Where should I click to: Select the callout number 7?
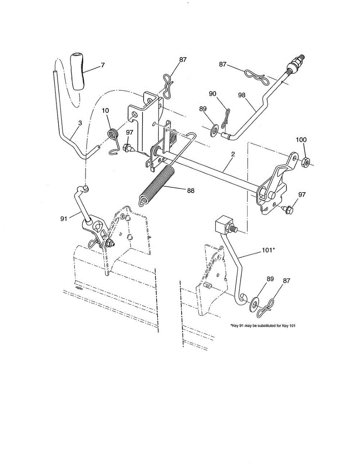[103, 65]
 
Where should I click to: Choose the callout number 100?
[301, 140]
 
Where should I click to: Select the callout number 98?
[242, 96]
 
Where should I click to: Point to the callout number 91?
[64, 219]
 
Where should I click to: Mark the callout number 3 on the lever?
[80, 123]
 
